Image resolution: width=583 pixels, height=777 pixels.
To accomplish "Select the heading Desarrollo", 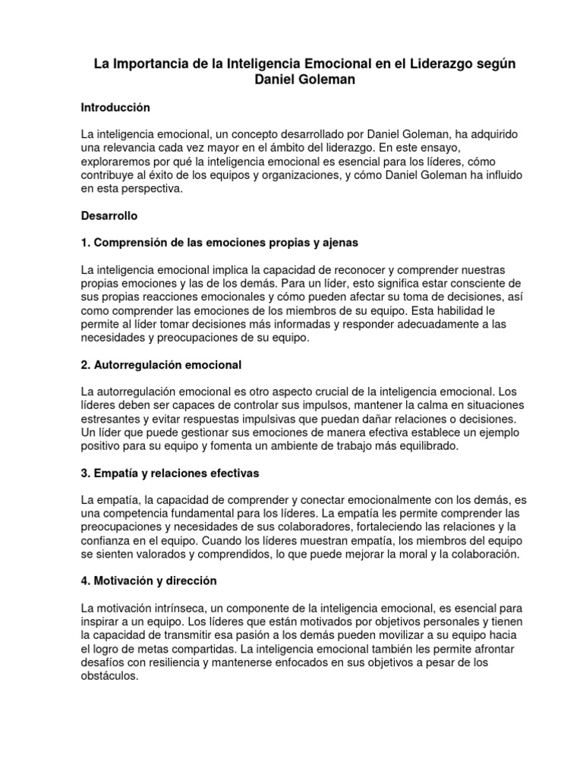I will point(109,215).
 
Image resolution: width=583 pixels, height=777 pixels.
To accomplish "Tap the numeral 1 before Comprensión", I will point(84,243).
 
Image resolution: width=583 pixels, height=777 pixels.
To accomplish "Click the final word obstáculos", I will point(110,676).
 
